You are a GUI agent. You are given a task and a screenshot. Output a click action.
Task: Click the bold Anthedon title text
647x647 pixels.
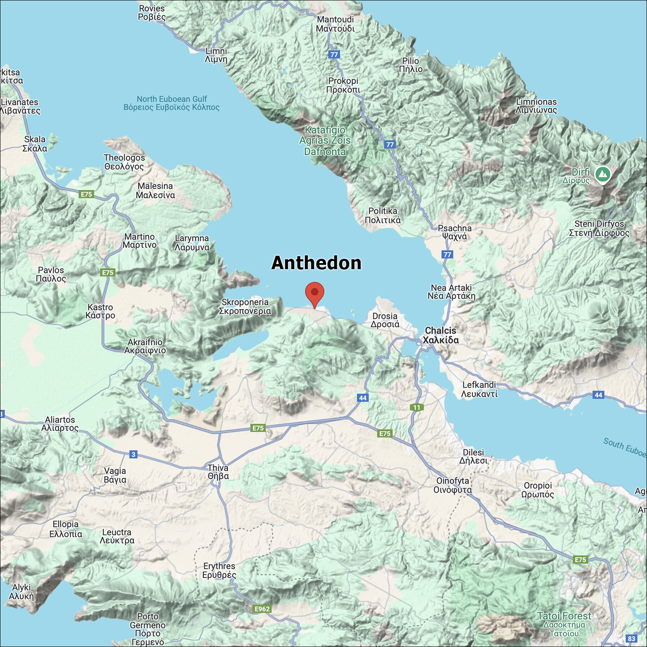coord(316,263)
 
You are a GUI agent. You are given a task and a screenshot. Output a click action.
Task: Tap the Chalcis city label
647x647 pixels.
coord(440,335)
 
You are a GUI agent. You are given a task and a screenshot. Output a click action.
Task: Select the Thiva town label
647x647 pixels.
coord(218,472)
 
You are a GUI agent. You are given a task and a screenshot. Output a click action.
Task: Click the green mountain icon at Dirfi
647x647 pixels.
coord(603,175)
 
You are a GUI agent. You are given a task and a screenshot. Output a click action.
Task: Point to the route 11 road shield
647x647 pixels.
coord(417,407)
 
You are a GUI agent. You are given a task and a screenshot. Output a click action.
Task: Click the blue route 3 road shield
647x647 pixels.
coord(134,454)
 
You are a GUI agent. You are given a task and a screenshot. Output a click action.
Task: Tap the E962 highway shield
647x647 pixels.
coord(262,609)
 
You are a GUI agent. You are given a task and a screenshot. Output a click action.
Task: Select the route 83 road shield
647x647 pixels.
coord(631,638)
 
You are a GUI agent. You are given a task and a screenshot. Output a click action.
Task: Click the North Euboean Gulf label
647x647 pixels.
coord(172,103)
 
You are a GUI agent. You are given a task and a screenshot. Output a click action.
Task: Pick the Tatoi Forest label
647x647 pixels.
coord(564,624)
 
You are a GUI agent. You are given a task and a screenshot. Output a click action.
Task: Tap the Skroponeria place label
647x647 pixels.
coord(245,306)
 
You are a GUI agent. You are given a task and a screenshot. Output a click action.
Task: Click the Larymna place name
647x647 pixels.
coord(192,242)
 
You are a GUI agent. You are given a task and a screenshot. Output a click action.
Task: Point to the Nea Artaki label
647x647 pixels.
coord(451,292)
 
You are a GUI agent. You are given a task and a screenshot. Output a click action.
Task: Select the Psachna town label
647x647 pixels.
coord(455,232)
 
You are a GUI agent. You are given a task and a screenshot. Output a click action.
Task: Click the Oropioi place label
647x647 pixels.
coord(537,490)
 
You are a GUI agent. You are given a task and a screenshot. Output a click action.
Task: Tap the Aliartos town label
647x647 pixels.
coord(60,424)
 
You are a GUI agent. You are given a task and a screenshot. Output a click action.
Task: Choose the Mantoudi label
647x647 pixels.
coord(335,24)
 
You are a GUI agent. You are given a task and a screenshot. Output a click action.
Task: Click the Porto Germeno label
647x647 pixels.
coord(148,629)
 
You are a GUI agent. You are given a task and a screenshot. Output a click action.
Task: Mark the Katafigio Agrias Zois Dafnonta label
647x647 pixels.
coord(325,141)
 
